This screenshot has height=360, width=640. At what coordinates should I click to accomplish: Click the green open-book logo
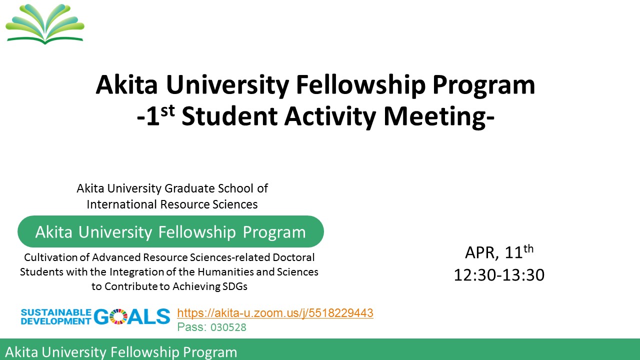[x=45, y=24]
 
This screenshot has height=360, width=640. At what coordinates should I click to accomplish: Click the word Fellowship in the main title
[x=361, y=85]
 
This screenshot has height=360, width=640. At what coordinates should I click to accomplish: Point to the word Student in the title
[x=229, y=116]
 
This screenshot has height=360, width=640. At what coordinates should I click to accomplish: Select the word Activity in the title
[x=330, y=116]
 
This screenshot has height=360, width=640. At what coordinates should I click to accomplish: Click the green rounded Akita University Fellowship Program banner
[x=170, y=231]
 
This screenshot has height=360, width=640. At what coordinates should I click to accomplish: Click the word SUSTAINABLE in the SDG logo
[x=56, y=312]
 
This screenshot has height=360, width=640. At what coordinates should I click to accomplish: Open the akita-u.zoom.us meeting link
[x=275, y=313]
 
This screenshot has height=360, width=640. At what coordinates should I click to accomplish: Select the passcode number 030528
[x=228, y=327]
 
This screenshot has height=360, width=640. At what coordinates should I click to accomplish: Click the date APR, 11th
[x=499, y=252]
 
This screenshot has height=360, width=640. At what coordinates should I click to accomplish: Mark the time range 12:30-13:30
[x=499, y=275]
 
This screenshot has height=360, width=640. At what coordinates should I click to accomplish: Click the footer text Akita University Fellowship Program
[x=121, y=352]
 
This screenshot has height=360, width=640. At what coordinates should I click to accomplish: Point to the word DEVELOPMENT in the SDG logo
[x=56, y=321]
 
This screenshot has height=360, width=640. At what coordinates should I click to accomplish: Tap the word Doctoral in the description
[x=293, y=257]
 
